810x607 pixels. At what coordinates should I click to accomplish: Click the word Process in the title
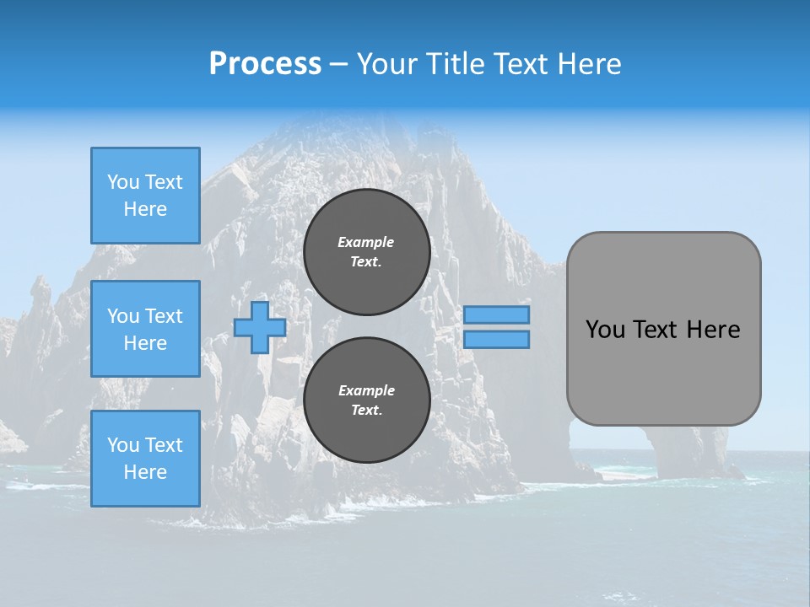pyautogui.click(x=265, y=64)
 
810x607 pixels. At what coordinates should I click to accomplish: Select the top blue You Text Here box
pyautogui.click(x=145, y=196)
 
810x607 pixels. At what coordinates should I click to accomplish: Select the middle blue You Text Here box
pyautogui.click(x=145, y=329)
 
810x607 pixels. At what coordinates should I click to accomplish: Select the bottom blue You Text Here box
pyautogui.click(x=145, y=459)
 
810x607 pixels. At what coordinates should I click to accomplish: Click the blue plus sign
pyautogui.click(x=260, y=328)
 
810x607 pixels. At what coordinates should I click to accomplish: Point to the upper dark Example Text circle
pyautogui.click(x=367, y=252)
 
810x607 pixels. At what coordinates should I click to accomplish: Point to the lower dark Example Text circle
pyautogui.click(x=367, y=400)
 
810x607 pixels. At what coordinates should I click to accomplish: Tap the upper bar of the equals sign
pyautogui.click(x=497, y=315)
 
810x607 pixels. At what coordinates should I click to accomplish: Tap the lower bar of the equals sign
pyautogui.click(x=497, y=340)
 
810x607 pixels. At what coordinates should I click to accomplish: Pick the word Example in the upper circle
pyautogui.click(x=366, y=242)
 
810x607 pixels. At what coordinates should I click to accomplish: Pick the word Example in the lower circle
pyautogui.click(x=366, y=390)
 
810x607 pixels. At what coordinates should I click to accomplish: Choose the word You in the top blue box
pyautogui.click(x=123, y=182)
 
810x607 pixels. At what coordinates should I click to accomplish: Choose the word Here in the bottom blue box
pyautogui.click(x=145, y=472)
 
